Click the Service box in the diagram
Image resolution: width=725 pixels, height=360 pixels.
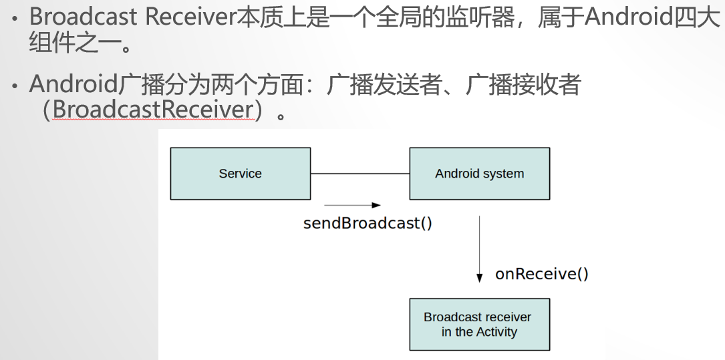240,174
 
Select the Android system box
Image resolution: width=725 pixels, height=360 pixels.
479,174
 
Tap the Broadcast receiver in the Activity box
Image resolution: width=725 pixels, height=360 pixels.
479,325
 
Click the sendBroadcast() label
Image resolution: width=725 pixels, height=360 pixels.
368,223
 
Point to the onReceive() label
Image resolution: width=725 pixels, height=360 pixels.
541,274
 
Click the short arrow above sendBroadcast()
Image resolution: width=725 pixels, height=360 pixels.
352,206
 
